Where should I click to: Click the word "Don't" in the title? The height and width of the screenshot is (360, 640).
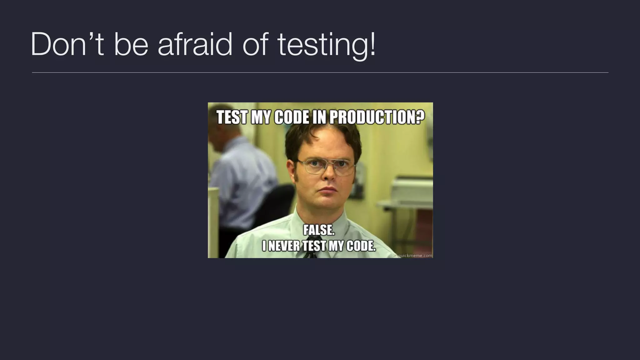click(67, 45)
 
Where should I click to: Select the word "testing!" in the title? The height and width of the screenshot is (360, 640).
click(326, 45)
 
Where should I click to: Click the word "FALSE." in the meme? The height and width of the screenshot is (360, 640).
click(319, 231)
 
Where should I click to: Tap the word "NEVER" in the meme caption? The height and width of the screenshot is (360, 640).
click(283, 246)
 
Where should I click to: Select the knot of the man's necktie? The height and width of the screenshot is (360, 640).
click(309, 254)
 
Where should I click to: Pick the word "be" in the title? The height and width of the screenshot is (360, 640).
click(131, 45)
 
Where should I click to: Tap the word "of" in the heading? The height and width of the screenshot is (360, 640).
click(255, 45)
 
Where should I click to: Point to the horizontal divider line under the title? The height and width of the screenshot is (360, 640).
click(320, 72)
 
